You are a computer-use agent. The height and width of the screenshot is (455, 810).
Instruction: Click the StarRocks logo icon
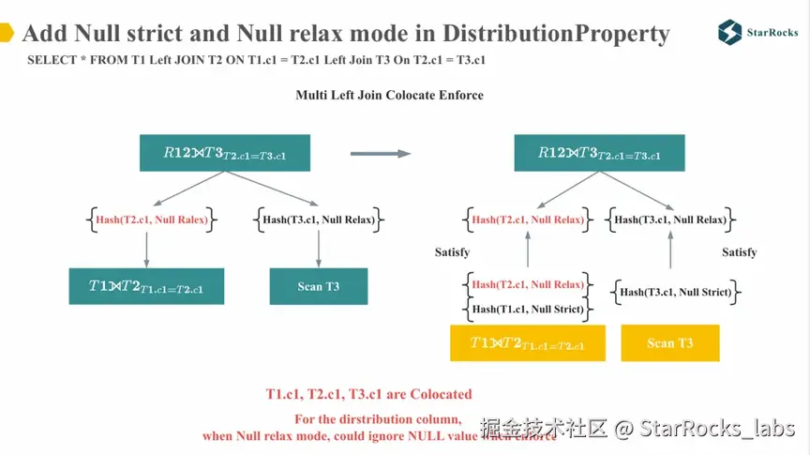pyautogui.click(x=730, y=31)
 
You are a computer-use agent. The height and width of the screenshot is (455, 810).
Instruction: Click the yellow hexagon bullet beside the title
pyautogui.click(x=7, y=34)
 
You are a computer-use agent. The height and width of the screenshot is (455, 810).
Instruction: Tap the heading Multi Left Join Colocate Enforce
pyautogui.click(x=389, y=95)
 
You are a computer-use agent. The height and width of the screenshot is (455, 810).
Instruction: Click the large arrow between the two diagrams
pyautogui.click(x=381, y=153)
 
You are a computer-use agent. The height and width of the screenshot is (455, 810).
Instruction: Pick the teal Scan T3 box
pyautogui.click(x=319, y=286)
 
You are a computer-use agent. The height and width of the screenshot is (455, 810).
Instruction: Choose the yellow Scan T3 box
pyautogui.click(x=669, y=342)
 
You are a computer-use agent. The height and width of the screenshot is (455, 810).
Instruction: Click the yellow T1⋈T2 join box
pyautogui.click(x=528, y=343)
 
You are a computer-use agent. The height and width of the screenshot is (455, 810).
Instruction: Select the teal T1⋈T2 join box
pyautogui.click(x=146, y=286)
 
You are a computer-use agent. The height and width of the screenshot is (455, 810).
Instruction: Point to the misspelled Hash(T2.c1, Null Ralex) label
pyautogui.click(x=150, y=220)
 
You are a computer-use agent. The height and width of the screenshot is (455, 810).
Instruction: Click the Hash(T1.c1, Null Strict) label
pyautogui.click(x=528, y=309)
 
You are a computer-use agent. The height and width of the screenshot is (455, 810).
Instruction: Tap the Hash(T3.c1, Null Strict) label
pyautogui.click(x=675, y=292)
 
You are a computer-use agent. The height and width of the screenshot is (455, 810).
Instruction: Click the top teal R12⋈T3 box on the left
pyautogui.click(x=224, y=153)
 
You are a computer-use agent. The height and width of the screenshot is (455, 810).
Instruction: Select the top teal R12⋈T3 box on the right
pyautogui.click(x=599, y=153)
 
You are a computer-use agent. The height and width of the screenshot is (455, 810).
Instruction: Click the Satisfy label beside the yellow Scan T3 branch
pyautogui.click(x=739, y=252)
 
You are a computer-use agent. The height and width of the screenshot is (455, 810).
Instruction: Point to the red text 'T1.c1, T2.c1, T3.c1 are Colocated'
pyautogui.click(x=368, y=394)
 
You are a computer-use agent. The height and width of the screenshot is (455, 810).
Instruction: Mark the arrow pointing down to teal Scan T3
pyautogui.click(x=320, y=249)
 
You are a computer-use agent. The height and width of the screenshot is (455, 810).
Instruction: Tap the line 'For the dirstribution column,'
pyautogui.click(x=377, y=418)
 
